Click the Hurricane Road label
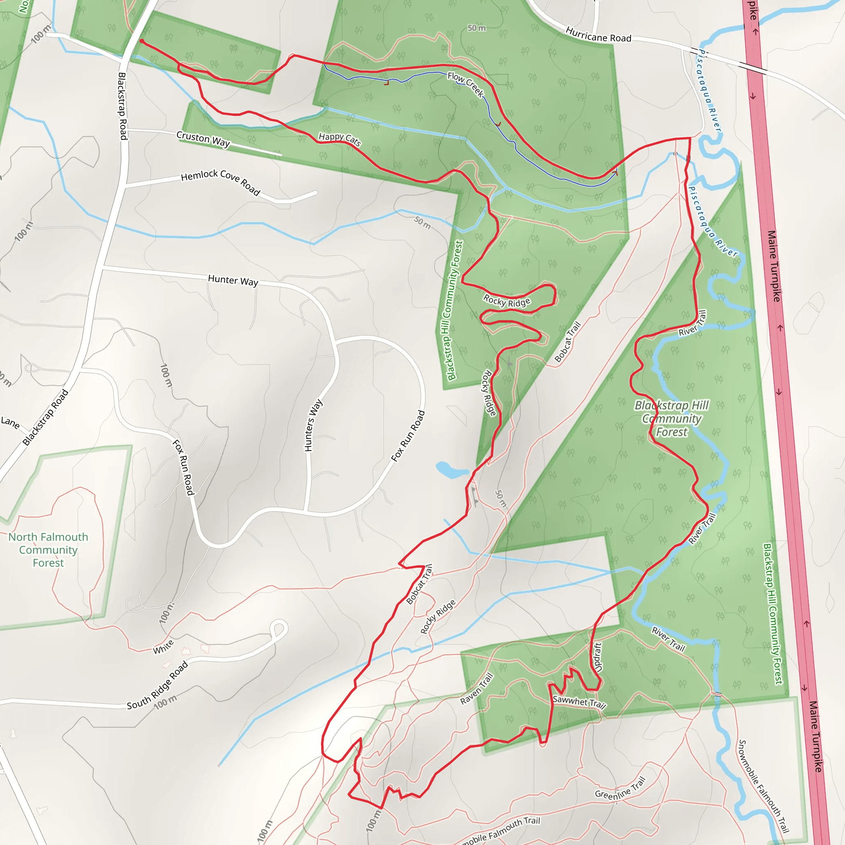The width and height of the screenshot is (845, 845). (x=598, y=35)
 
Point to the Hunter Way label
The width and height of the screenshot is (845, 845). (x=233, y=280)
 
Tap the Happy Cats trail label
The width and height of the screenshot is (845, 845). (x=340, y=139)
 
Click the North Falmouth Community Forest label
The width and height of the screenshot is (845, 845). (x=48, y=550)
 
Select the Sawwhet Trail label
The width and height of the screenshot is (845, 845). (x=579, y=702)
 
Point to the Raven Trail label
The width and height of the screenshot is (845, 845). (x=477, y=689)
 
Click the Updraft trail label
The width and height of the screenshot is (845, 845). (x=598, y=657)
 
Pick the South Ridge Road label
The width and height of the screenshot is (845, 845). (x=158, y=685)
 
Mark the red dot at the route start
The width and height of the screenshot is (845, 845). (x=142, y=41)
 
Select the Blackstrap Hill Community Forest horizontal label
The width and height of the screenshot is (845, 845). (x=672, y=418)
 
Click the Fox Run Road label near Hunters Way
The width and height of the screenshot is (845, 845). (x=408, y=436)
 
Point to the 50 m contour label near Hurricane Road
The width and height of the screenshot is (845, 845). (x=476, y=28)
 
